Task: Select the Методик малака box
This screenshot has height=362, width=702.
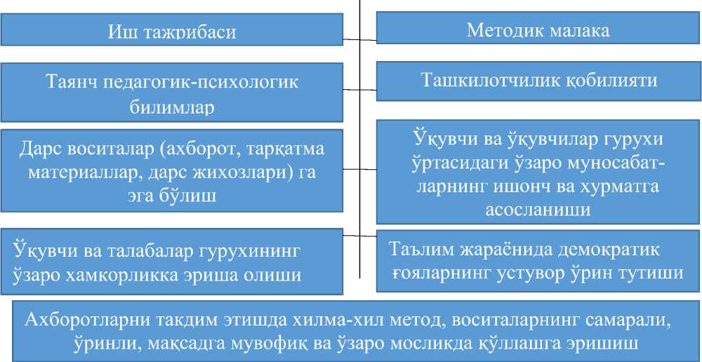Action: pyautogui.click(x=538, y=30)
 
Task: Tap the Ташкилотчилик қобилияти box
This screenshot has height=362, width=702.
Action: pyautogui.click(x=538, y=80)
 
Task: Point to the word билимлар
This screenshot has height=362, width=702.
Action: pyautogui.click(x=172, y=108)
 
